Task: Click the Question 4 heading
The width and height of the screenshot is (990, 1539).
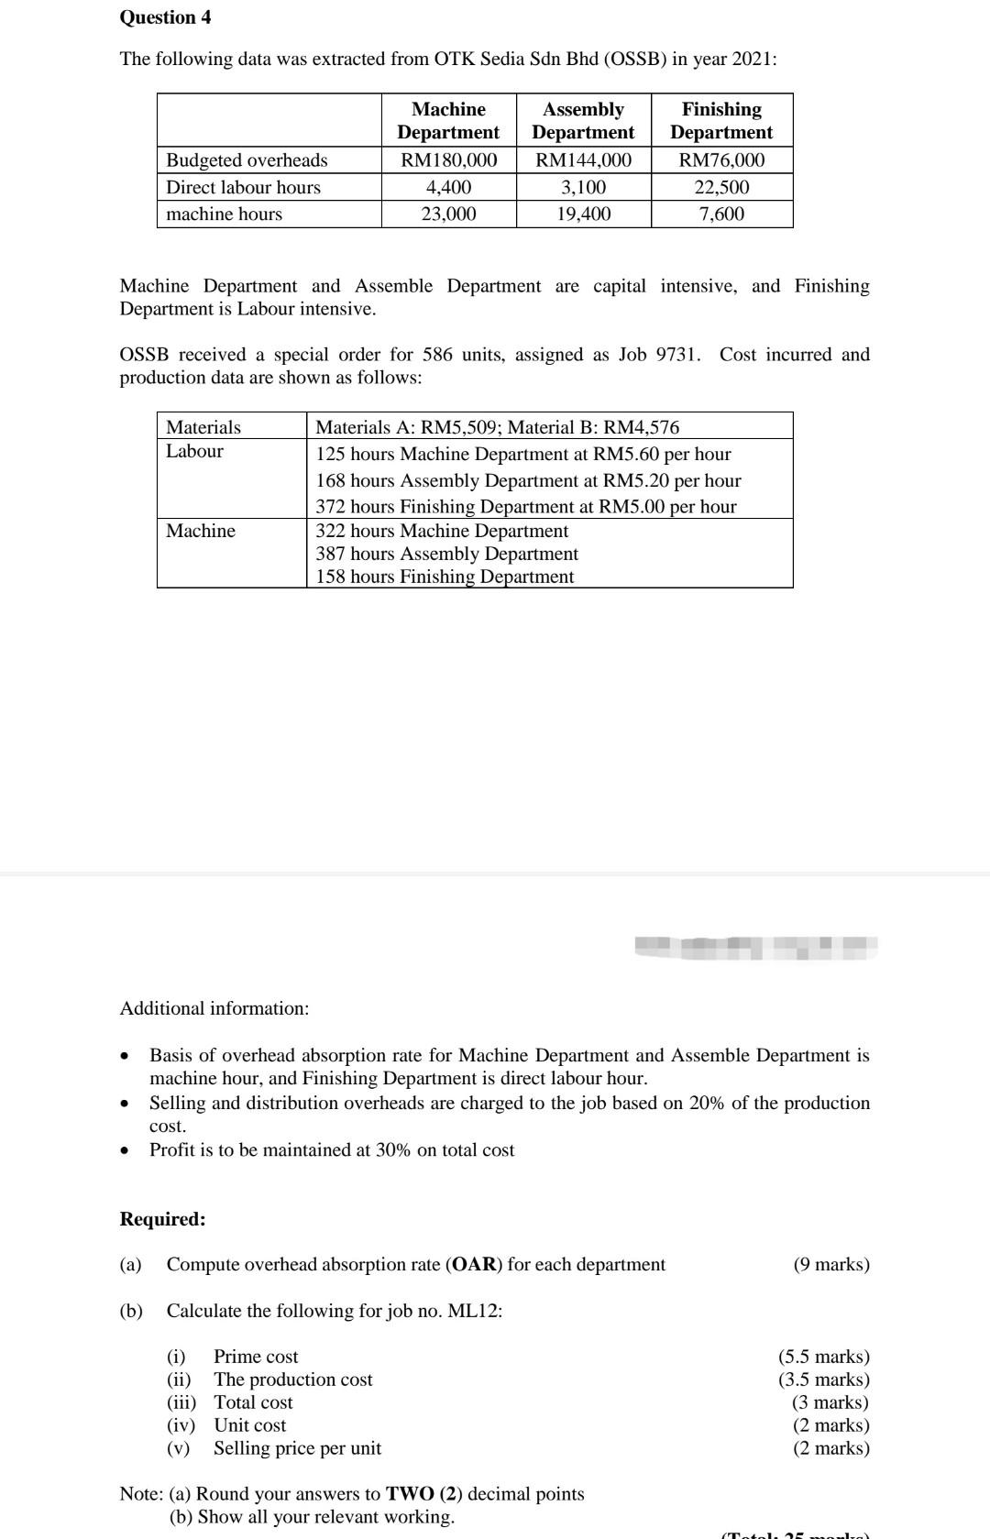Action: pyautogui.click(x=165, y=17)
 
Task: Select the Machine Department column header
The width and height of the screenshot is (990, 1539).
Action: pyautogui.click(x=448, y=121)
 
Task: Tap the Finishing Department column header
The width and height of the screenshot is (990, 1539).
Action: pyautogui.click(x=721, y=121)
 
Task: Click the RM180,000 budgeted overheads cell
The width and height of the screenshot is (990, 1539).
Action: pyautogui.click(x=449, y=160)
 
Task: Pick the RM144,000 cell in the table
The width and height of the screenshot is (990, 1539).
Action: pyautogui.click(x=583, y=160)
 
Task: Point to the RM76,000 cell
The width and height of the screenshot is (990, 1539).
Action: pyautogui.click(x=721, y=160)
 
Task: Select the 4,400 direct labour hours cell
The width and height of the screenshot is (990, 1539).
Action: pyautogui.click(x=449, y=187)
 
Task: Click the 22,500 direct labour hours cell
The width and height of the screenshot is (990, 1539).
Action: pyautogui.click(x=721, y=187)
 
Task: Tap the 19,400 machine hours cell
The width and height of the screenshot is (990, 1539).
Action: pyautogui.click(x=583, y=214)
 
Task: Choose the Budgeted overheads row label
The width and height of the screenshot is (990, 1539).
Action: pyautogui.click(x=247, y=160)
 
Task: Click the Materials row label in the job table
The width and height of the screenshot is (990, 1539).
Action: pyautogui.click(x=203, y=427)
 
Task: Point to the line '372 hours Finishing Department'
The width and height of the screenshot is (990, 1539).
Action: pyautogui.click(x=525, y=506)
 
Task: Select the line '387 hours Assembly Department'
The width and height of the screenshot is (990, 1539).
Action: pyautogui.click(x=446, y=554)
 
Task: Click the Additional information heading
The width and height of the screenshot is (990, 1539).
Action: pyautogui.click(x=214, y=1008)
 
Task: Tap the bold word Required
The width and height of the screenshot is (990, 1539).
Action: pyautogui.click(x=162, y=1219)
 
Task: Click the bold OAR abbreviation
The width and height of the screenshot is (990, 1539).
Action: pyautogui.click(x=473, y=1265)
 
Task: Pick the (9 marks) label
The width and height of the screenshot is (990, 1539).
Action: pyautogui.click(x=830, y=1265)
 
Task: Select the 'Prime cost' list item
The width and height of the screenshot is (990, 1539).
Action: pyautogui.click(x=256, y=1357)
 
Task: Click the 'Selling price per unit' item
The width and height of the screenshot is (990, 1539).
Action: pyautogui.click(x=297, y=1448)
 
